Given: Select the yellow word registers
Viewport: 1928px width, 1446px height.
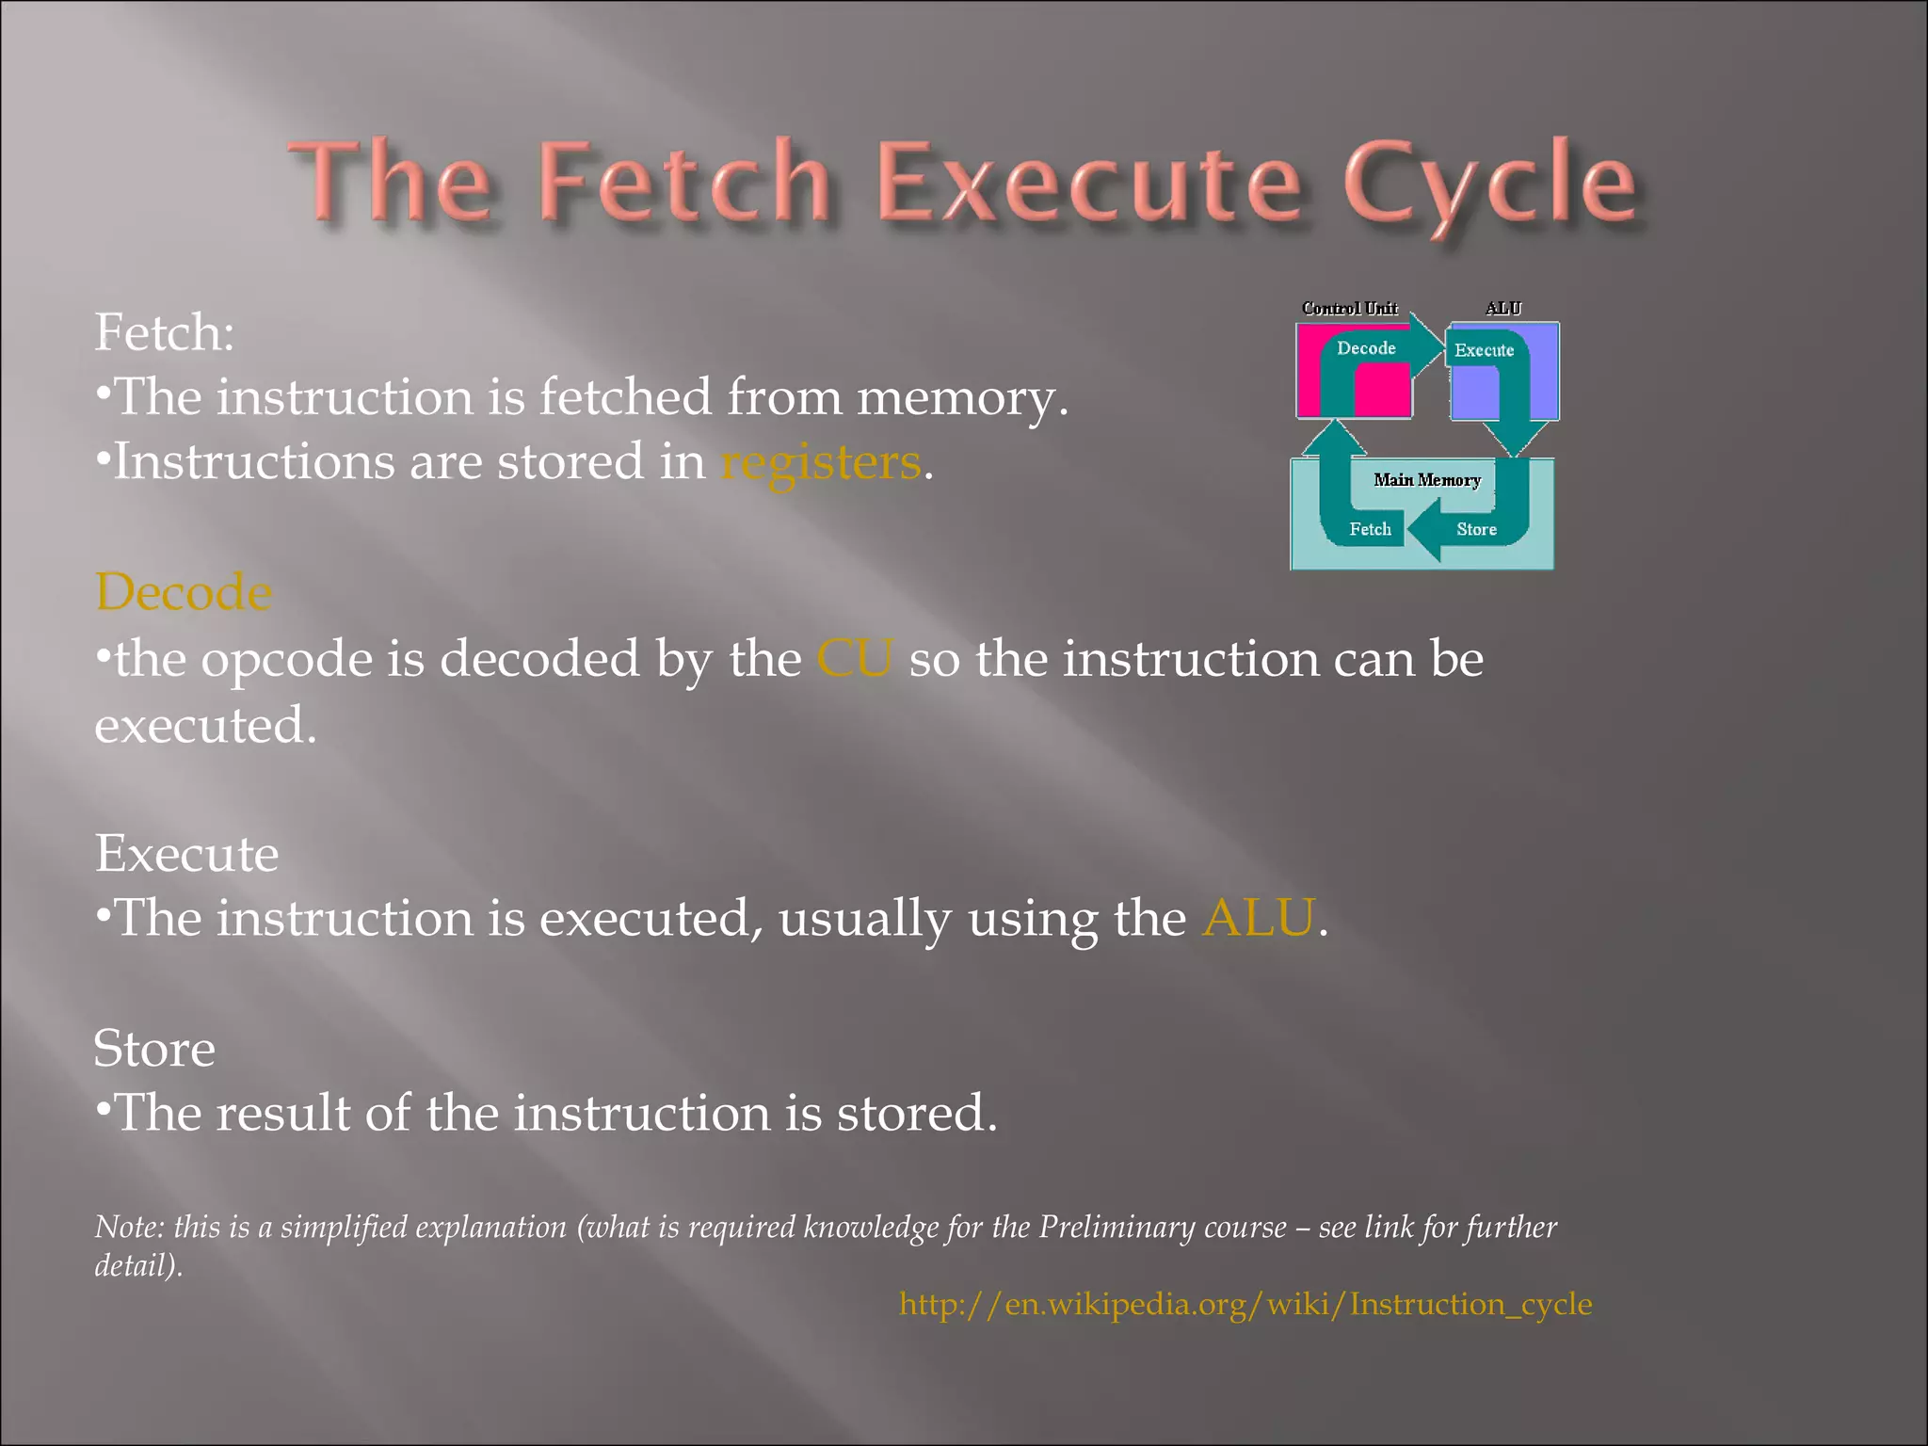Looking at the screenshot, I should click(821, 463).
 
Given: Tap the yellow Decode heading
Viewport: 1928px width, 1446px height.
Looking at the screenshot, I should click(184, 592).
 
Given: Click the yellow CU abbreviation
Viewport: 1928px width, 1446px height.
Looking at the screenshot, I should click(854, 658).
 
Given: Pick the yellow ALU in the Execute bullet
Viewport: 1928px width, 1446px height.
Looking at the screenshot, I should click(1258, 918).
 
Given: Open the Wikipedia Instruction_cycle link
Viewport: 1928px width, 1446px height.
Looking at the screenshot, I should click(1245, 1304).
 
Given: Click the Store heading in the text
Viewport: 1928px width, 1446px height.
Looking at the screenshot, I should click(154, 1049).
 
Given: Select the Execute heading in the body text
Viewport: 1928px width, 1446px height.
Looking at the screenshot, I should click(186, 854).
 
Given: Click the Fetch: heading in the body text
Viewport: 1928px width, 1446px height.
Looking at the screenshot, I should click(165, 332).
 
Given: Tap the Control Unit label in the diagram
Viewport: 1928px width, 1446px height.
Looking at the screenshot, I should click(1349, 308).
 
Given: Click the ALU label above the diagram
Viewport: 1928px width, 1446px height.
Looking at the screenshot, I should click(1502, 308).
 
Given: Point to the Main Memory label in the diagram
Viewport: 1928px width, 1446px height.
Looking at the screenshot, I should click(1426, 480).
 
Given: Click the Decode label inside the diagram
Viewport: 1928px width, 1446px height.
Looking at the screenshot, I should click(1366, 348).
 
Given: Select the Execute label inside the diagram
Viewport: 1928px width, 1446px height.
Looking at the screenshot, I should click(1484, 350).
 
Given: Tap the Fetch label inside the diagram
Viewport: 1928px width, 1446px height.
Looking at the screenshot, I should click(1370, 529).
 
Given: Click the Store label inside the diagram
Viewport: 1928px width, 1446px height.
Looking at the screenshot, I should click(1476, 529).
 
